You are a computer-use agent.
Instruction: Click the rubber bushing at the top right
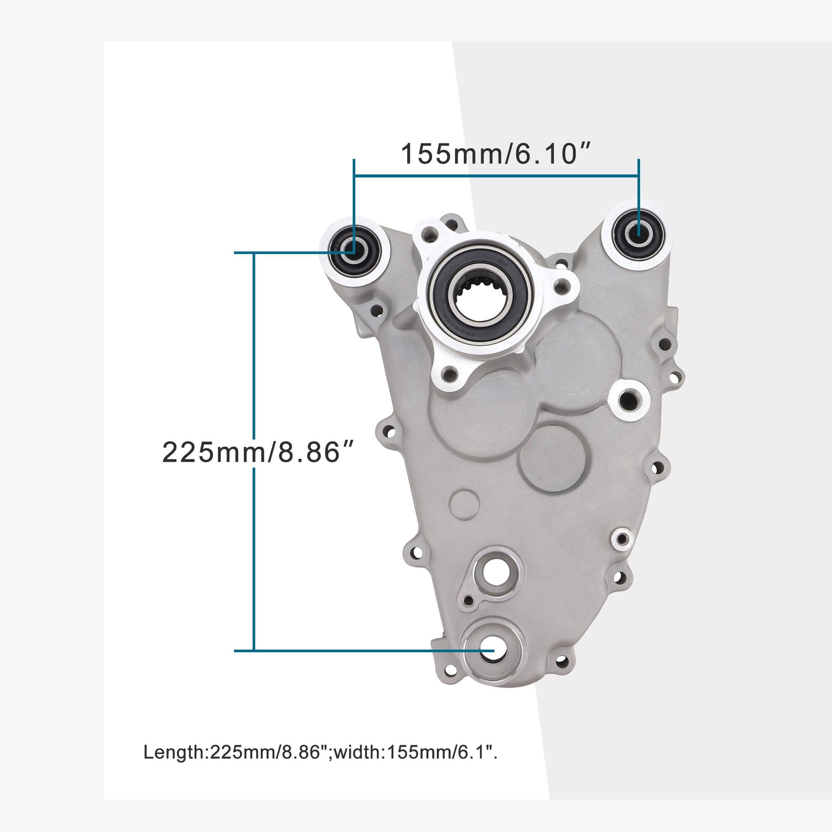638,235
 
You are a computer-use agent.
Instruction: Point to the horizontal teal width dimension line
495,176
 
